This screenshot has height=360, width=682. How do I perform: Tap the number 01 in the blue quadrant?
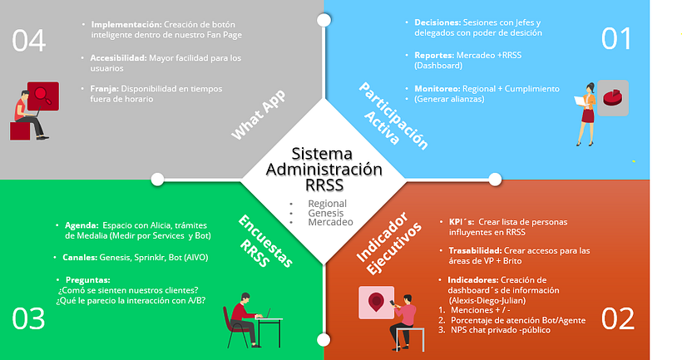coord(617,39)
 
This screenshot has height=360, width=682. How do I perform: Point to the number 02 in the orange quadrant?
coord(617,319)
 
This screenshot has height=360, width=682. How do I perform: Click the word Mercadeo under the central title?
coord(330,223)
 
